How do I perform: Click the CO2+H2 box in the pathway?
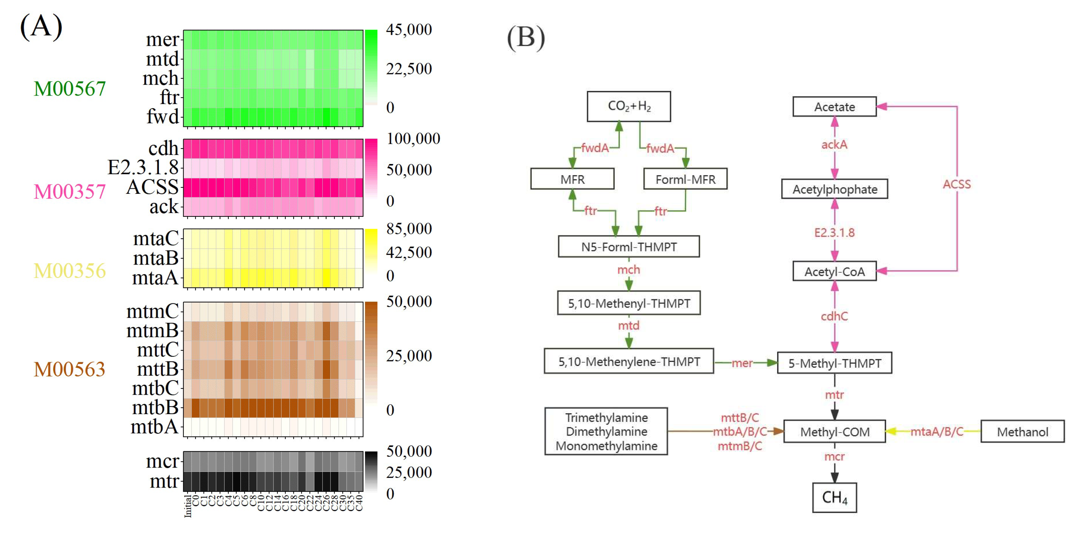click(x=628, y=106)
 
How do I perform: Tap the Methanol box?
click(x=1022, y=431)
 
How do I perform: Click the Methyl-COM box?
click(x=834, y=431)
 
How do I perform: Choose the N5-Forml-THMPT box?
click(x=628, y=247)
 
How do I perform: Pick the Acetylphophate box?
click(x=834, y=189)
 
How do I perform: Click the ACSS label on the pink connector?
click(x=956, y=184)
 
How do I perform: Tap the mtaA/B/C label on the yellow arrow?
click(x=937, y=431)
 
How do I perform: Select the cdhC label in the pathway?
click(x=834, y=316)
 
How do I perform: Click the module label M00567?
click(x=70, y=89)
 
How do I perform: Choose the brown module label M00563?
click(x=70, y=369)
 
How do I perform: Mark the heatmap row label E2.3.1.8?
click(x=143, y=168)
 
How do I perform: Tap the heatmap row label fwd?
click(x=162, y=117)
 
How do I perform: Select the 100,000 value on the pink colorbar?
click(x=413, y=139)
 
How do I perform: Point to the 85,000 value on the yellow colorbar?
click(x=409, y=229)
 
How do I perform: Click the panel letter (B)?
click(x=526, y=37)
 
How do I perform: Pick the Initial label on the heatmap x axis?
click(x=188, y=506)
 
